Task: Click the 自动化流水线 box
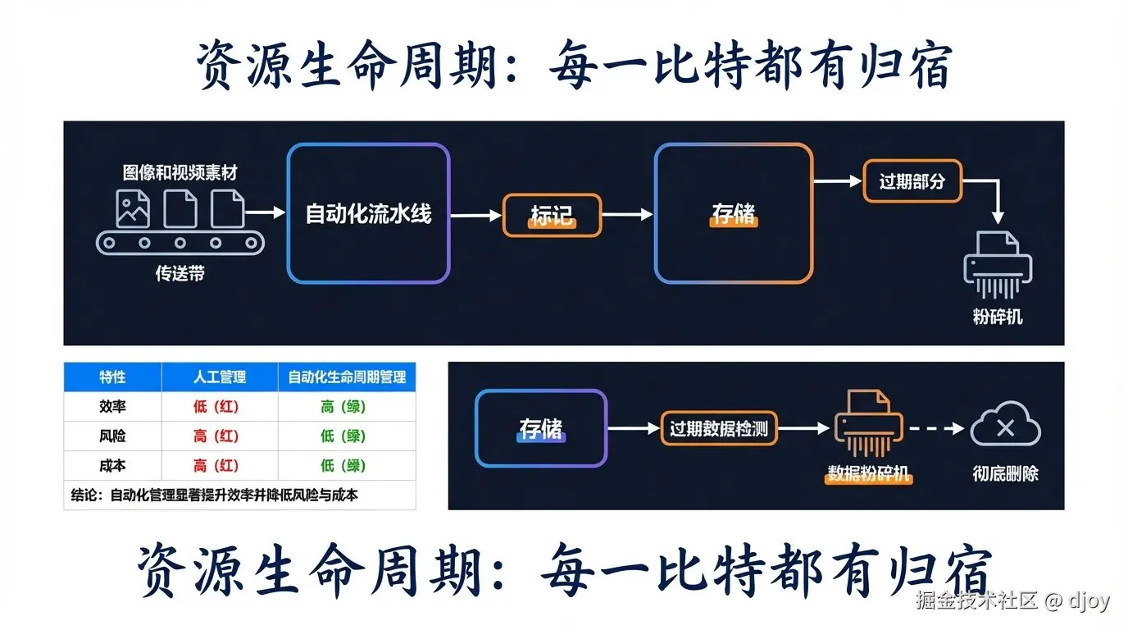[368, 214]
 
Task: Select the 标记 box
[551, 216]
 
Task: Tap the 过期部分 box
[912, 181]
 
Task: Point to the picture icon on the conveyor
[133, 208]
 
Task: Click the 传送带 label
[180, 274]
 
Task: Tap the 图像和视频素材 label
[180, 173]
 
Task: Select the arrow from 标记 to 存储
[627, 215]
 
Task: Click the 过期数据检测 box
[718, 428]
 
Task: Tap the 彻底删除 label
[1005, 474]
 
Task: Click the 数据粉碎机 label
[869, 474]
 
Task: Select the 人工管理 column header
[220, 377]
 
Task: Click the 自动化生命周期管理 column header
[347, 377]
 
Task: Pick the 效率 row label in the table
[112, 407]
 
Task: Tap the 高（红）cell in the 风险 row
[216, 436]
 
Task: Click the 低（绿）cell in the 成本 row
[343, 466]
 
